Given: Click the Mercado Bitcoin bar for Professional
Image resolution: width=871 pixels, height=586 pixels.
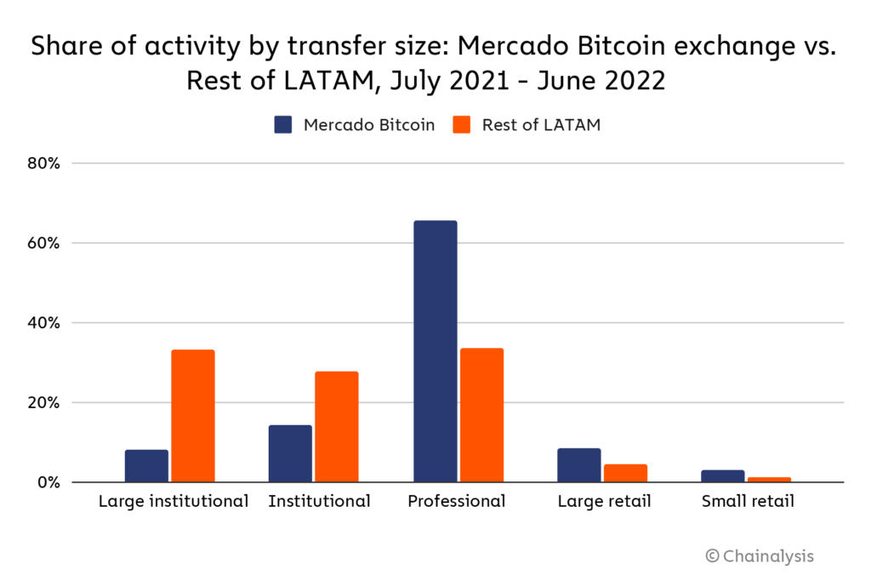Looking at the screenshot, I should pos(435,351).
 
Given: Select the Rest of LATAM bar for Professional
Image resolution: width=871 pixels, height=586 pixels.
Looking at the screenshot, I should pos(481,415).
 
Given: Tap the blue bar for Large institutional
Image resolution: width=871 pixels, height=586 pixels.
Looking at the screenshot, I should pos(146,466).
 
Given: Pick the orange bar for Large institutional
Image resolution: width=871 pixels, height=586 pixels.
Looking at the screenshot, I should pos(193,416).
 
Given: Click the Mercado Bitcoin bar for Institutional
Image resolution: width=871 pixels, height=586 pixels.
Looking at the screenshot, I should pos(290,453).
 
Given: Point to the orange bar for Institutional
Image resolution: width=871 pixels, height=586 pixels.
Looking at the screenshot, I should pos(337,427).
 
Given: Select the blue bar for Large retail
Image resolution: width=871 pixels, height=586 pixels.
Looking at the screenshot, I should pos(578,465).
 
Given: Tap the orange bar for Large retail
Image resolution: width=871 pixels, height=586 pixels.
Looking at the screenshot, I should pos(625,473).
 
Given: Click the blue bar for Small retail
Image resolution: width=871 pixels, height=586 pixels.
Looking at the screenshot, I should pos(722,476).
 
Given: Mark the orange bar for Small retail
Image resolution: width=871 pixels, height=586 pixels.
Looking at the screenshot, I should pos(769,480).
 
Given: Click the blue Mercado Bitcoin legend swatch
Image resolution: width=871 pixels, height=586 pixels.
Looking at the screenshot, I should pos(283,125).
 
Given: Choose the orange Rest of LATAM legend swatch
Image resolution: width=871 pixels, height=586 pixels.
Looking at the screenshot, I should pos(462,125).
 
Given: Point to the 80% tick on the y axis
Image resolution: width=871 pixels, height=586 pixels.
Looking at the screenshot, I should pos(42,163).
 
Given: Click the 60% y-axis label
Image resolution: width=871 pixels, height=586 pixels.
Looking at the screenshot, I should pos(42,243).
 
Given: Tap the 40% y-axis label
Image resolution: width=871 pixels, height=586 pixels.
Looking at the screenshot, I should pos(42,323).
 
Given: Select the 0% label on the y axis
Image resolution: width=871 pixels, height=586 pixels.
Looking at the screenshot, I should pos(47,482).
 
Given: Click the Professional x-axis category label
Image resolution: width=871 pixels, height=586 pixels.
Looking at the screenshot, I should pos(457,502).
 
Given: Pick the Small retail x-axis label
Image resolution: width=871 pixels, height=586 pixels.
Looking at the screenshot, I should pos(748,502).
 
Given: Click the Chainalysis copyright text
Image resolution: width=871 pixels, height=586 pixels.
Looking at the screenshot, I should pos(760,556).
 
